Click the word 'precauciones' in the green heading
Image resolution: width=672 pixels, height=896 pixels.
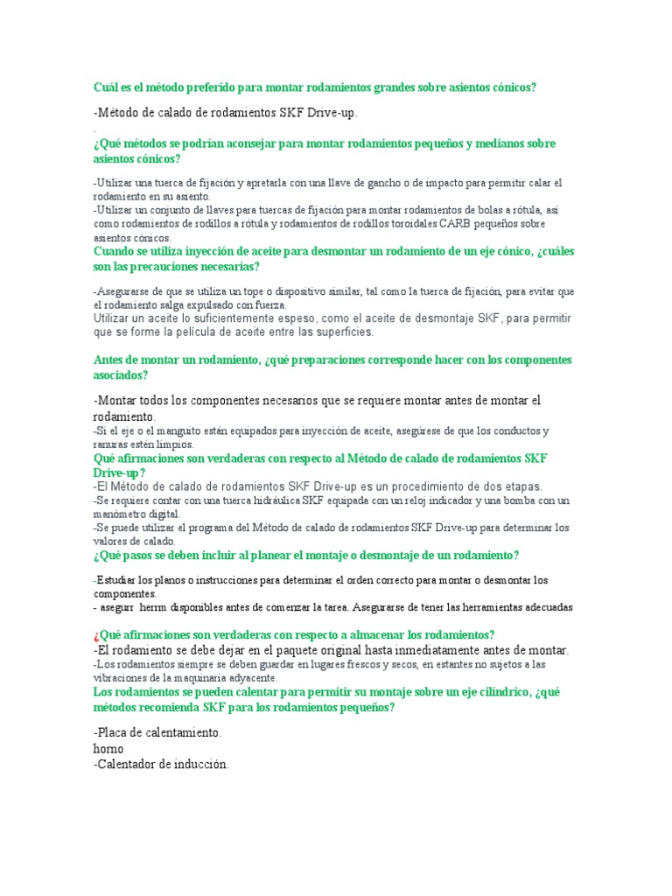[x=164, y=266]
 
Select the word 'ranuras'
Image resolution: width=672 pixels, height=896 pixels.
[x=113, y=444]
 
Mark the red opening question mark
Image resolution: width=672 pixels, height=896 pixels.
[x=94, y=635]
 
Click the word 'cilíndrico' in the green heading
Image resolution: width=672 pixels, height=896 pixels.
[x=492, y=691]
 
